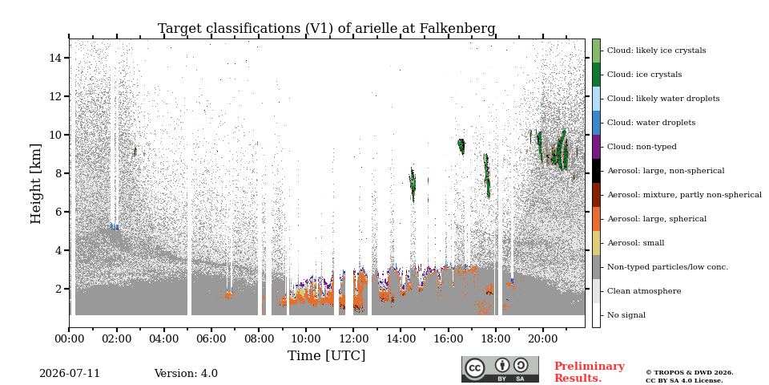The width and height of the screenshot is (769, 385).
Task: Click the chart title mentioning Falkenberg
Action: (327, 29)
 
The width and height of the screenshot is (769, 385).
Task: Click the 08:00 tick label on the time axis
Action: (259, 338)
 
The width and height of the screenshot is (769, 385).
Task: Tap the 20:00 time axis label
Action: (543, 338)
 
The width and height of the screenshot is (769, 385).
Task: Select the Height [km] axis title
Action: (36, 184)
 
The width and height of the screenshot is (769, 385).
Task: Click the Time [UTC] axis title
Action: (327, 355)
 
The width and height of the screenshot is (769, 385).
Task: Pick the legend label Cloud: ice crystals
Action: (644, 75)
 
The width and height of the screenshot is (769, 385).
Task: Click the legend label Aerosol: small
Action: (636, 243)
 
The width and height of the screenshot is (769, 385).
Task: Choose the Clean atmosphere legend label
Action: (644, 291)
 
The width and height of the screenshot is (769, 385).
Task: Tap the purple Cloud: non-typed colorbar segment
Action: (596, 147)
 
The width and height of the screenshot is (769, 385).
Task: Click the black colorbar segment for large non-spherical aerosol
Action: (596, 171)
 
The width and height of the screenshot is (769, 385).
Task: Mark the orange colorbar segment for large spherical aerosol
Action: (596, 219)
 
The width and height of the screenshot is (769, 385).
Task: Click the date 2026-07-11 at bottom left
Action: (70, 374)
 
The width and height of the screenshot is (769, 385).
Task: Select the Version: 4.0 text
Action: (186, 374)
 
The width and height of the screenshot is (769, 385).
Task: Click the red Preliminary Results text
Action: (590, 372)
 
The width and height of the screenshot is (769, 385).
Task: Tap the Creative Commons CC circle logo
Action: (474, 368)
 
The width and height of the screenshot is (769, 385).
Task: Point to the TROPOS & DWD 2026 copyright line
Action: (690, 373)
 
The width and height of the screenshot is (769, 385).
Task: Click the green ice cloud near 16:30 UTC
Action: (461, 146)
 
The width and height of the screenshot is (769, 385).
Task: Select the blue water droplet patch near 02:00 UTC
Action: (115, 226)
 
